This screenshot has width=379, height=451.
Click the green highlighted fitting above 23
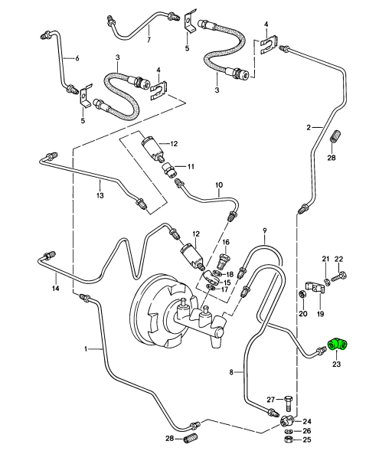[338, 345]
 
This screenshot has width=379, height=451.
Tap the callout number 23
[336, 364]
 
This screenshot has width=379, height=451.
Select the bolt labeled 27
[289, 404]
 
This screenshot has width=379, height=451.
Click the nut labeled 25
[288, 440]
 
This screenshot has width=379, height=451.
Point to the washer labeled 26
[288, 431]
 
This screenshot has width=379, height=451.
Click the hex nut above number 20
[302, 295]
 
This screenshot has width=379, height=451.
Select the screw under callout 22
[339, 276]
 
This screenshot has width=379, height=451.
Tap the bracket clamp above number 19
[315, 287]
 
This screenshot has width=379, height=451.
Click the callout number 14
[55, 288]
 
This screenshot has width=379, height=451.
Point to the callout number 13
[100, 195]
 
